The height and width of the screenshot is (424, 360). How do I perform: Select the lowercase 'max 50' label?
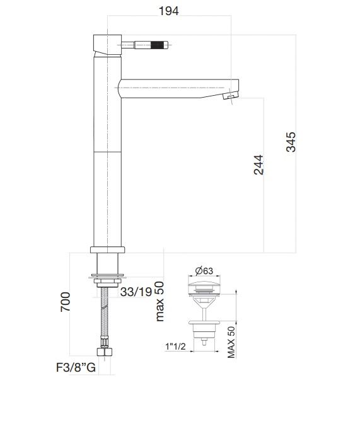tap(160, 302)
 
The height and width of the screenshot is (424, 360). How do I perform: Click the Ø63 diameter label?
tap(204, 270)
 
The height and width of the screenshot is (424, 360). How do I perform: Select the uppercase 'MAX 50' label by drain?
tap(231, 343)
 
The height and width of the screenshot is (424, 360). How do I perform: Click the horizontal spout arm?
tap(177, 84)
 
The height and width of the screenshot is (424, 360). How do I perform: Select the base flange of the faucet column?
tap(109, 249)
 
